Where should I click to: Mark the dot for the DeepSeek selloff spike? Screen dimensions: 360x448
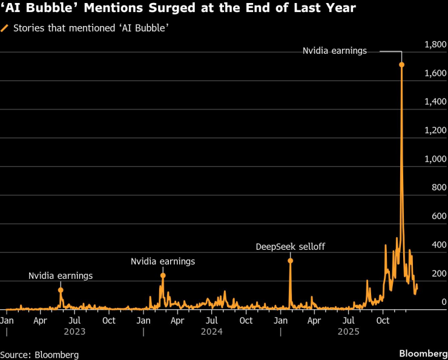290,261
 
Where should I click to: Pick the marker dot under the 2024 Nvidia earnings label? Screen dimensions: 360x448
163,275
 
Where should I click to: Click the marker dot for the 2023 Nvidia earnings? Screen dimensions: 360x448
61,290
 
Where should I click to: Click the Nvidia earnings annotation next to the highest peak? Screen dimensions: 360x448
335,51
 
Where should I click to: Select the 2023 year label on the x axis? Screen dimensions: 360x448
75,332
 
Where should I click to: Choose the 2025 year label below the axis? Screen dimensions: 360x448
349,332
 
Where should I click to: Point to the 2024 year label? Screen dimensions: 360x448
212,332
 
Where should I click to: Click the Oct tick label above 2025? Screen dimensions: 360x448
383,319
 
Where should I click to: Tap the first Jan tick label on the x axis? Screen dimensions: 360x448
7,319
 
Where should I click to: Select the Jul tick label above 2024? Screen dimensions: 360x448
212,319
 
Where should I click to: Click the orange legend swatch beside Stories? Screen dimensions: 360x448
5,28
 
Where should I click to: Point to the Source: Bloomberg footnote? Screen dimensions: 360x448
39,355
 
